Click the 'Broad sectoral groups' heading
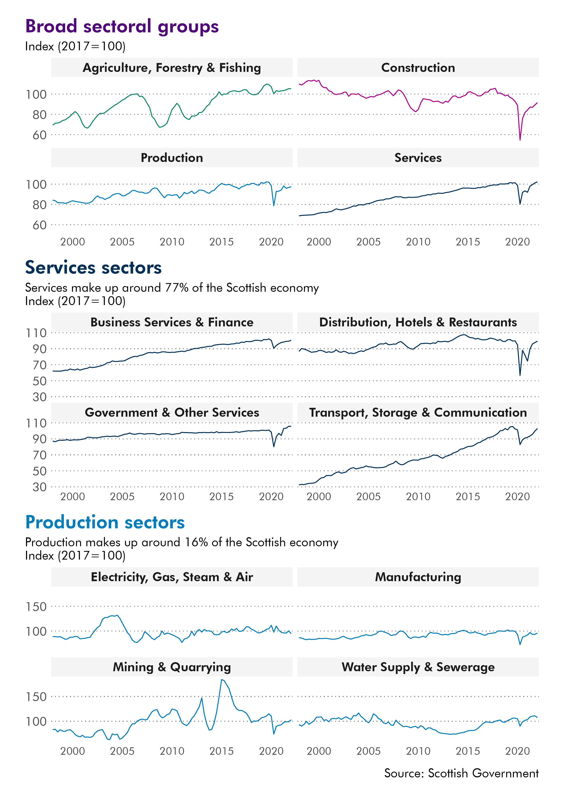(x=122, y=26)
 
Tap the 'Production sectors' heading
(x=105, y=522)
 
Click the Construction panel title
(x=418, y=68)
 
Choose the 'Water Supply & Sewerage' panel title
(x=418, y=667)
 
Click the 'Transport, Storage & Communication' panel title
(x=418, y=412)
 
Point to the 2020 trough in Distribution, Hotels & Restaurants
(x=520, y=375)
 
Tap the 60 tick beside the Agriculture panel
(x=39, y=135)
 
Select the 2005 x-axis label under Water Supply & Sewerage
(x=368, y=751)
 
